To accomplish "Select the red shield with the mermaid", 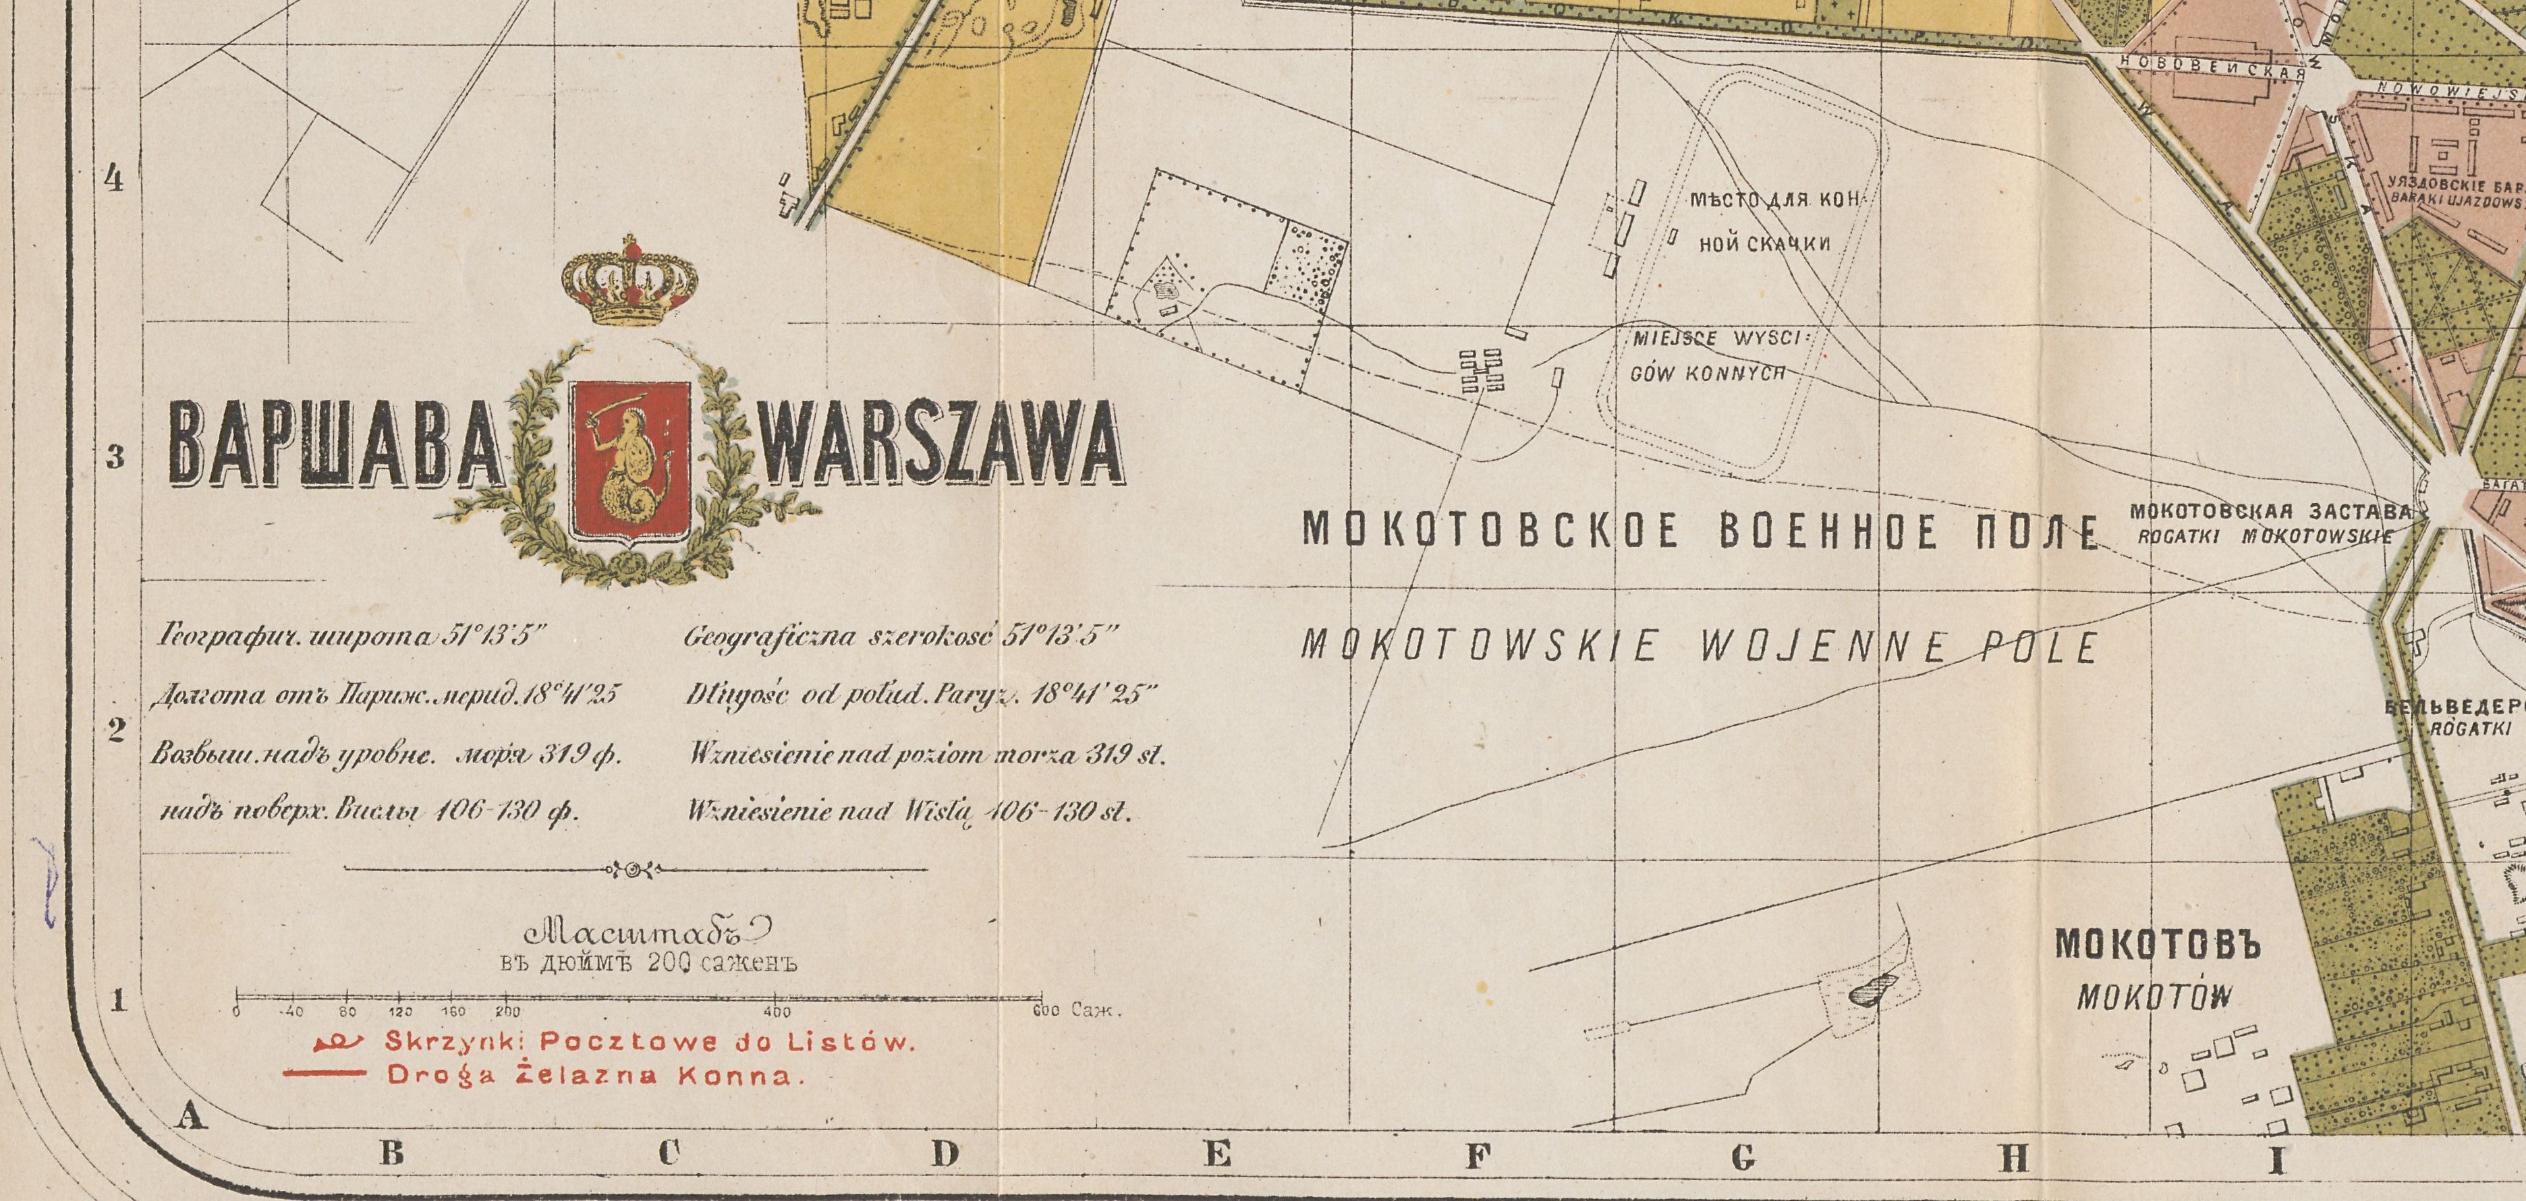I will point(631,459).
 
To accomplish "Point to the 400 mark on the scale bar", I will point(777,1012).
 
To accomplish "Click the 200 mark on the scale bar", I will point(507,1012).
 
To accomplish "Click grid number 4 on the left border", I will point(114,181).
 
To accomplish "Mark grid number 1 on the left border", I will point(119,1001).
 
